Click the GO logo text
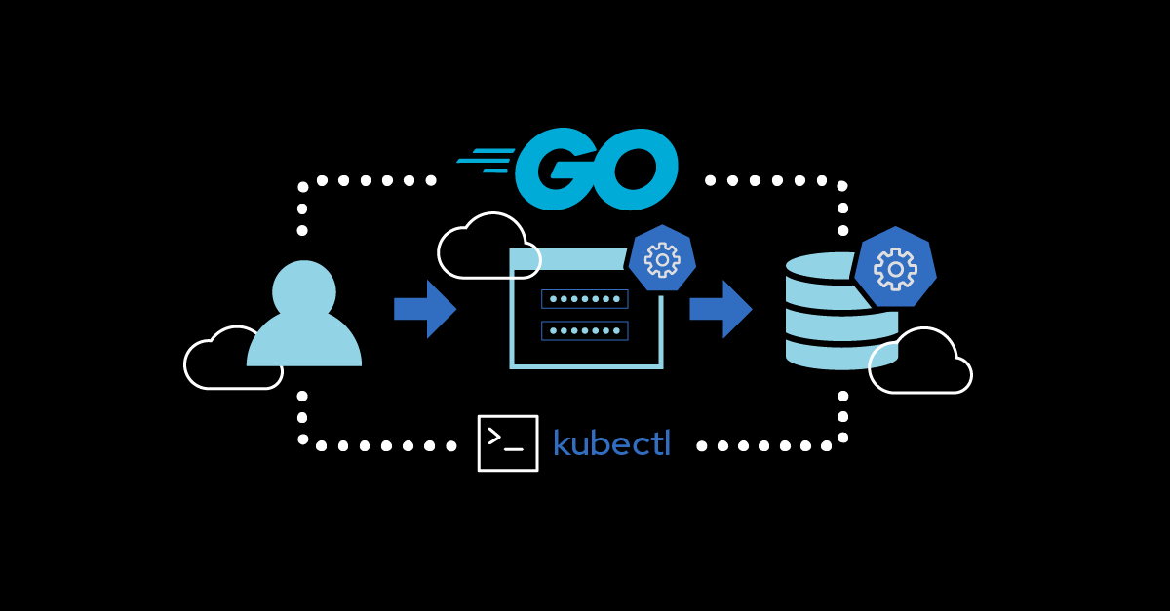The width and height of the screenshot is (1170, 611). point(595,169)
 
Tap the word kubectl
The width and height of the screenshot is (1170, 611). point(611,443)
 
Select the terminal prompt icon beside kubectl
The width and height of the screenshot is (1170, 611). point(508,443)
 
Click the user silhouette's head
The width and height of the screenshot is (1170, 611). point(304,290)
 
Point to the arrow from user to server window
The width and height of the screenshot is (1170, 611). point(425,309)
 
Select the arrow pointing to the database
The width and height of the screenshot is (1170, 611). point(721,309)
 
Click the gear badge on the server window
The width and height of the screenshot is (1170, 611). point(662,259)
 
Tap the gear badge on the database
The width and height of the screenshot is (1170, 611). point(895,268)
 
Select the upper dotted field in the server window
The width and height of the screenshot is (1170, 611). point(585,298)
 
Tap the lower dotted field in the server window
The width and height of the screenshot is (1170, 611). point(585,330)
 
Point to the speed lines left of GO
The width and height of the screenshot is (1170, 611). point(485,161)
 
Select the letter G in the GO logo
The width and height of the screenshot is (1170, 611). point(554,169)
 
